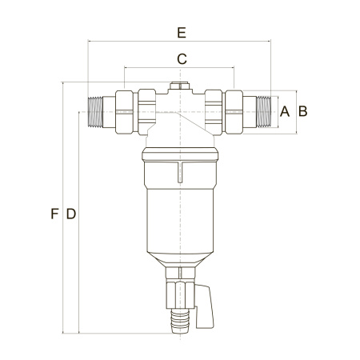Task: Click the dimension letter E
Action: (x=182, y=33)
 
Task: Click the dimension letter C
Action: (x=182, y=59)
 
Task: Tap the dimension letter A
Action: (x=285, y=111)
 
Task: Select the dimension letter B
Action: (x=303, y=111)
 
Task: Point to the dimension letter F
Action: (x=54, y=214)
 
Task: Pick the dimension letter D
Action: (x=71, y=214)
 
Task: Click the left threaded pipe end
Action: (x=95, y=112)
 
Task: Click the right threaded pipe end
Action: (x=263, y=112)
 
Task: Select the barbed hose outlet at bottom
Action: (x=180, y=321)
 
